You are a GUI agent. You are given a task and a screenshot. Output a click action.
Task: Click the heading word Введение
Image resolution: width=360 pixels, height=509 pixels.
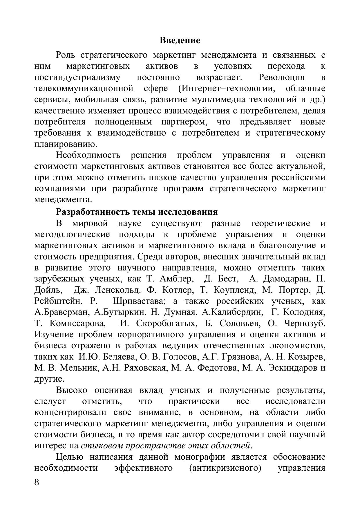[x=180, y=40]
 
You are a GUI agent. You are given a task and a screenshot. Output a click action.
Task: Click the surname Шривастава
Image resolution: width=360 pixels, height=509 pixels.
[x=139, y=301]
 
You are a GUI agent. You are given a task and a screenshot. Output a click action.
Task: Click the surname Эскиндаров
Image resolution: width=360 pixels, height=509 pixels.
[x=293, y=368]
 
